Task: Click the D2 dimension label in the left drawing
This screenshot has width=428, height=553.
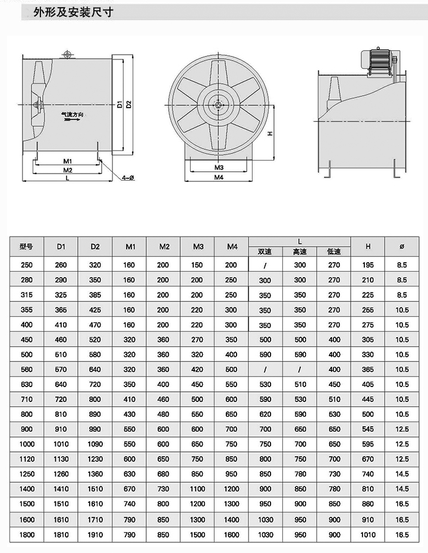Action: [x=128, y=105]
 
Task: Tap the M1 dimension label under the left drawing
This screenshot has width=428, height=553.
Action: [x=67, y=161]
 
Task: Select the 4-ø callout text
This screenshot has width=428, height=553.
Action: [x=128, y=178]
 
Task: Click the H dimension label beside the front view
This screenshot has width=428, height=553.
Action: [x=270, y=133]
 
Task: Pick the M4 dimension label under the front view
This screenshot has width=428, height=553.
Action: [x=219, y=177]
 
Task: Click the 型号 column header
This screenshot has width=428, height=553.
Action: [x=26, y=246]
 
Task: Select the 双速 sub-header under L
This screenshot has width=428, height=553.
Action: [x=265, y=252]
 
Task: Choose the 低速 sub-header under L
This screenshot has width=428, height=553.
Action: [x=334, y=252]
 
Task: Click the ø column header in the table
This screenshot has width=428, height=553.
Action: [x=402, y=246]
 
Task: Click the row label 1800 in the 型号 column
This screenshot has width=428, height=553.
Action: [x=26, y=535]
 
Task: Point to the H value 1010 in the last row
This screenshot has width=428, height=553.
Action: [x=368, y=535]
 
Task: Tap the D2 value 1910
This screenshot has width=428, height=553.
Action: [x=95, y=535]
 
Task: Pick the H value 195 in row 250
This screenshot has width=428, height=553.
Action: [x=368, y=265]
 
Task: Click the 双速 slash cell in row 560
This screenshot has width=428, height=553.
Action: [x=265, y=370]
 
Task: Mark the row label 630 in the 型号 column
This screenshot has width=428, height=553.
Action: [x=26, y=385]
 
